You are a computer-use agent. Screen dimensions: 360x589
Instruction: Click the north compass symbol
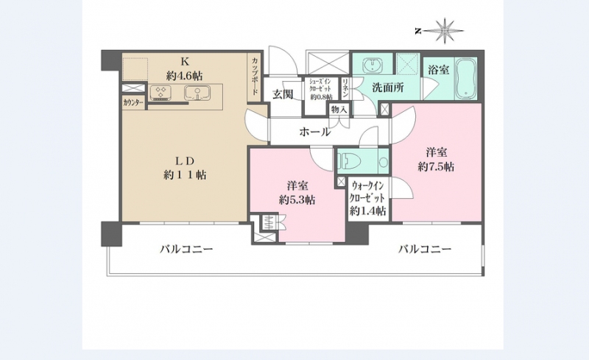pos(445,31)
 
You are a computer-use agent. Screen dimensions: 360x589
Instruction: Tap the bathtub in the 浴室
pos(468,78)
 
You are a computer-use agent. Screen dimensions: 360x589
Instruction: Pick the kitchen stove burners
pos(161,93)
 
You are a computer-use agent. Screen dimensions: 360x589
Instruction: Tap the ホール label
pos(314,133)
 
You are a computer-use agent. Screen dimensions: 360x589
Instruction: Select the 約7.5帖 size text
pos(436,168)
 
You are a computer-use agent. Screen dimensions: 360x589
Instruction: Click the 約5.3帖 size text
pos(297,200)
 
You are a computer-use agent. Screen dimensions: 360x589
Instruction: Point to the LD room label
pos(185,160)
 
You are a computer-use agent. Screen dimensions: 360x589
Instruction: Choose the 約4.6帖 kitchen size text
pos(185,74)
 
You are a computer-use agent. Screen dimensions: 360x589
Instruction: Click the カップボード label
pos(255,77)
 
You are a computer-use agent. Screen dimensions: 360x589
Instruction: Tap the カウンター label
pos(133,104)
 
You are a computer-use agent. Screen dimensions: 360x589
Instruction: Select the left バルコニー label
pos(187,250)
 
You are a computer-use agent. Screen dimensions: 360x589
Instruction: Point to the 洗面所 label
pos(387,88)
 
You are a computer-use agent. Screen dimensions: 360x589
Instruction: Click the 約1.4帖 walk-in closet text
pos(368,211)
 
